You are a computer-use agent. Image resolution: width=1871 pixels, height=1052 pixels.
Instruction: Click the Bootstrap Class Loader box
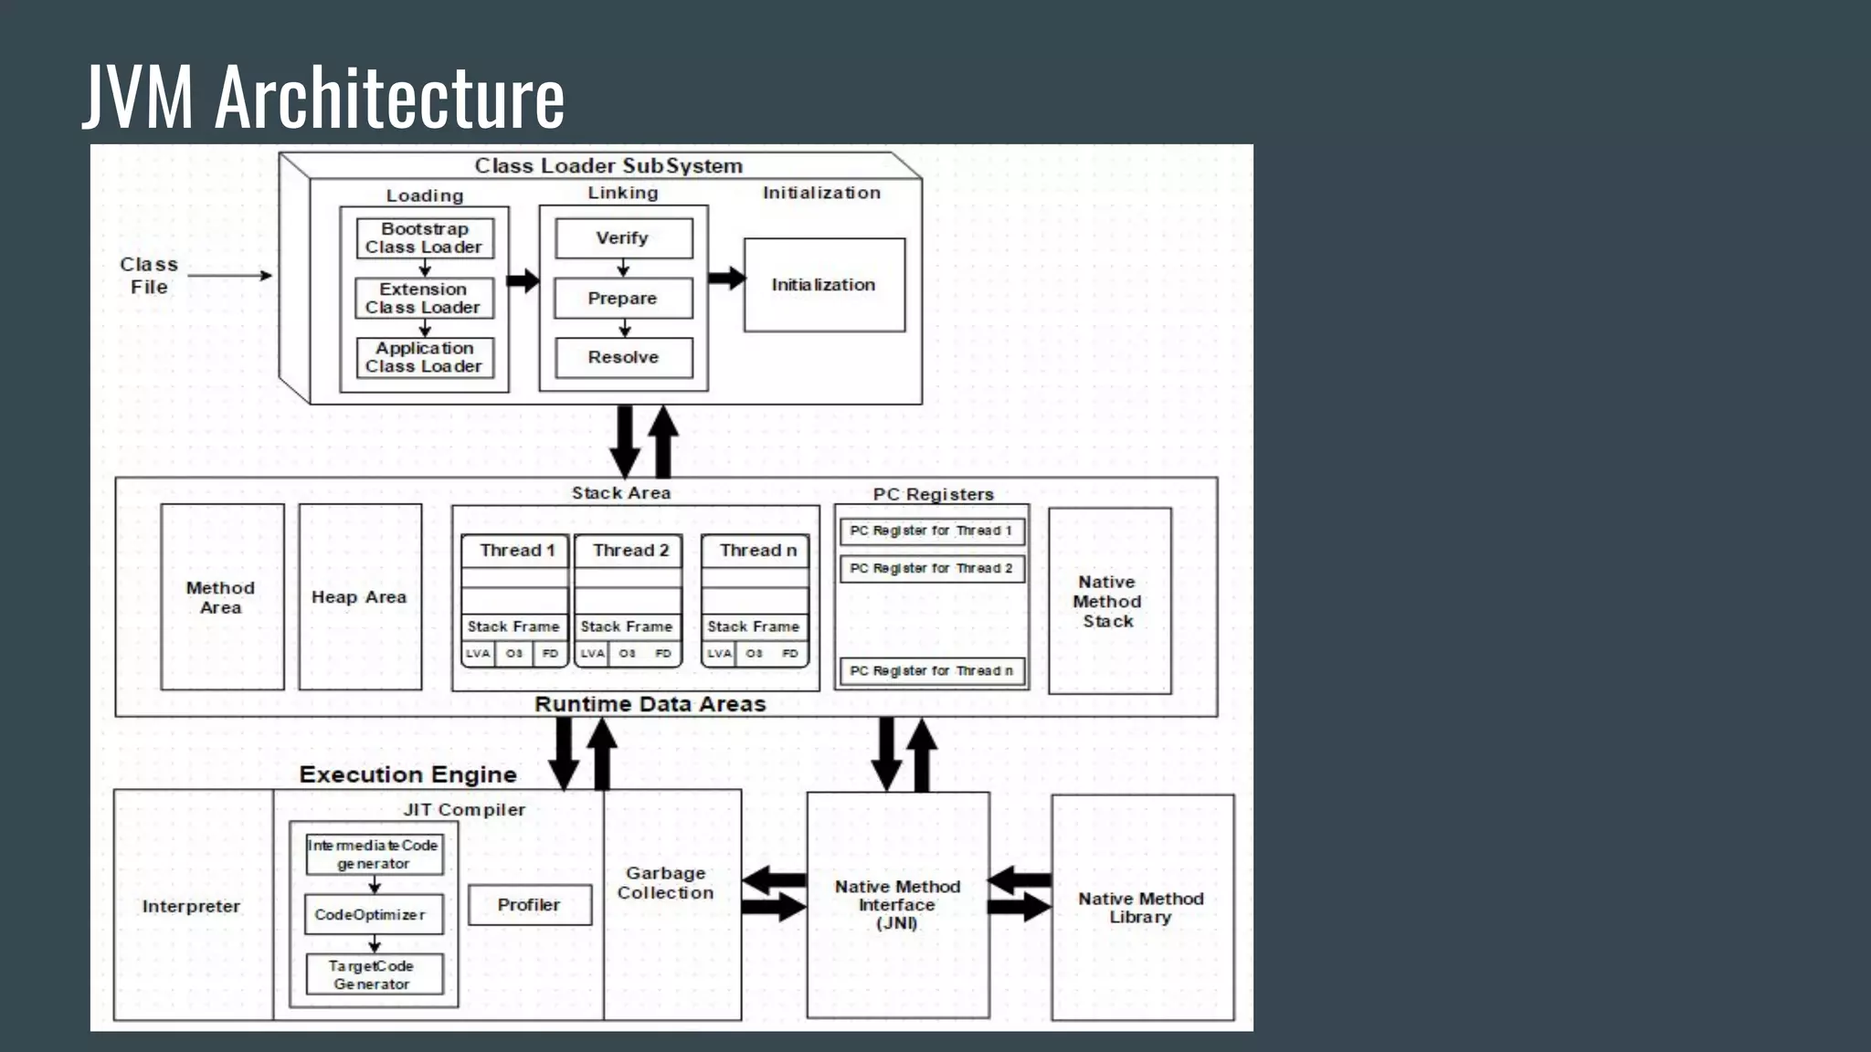coord(425,238)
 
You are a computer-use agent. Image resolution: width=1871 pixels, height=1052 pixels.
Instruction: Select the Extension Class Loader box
coord(424,299)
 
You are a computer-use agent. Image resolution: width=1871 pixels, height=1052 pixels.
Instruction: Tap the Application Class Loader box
coord(425,358)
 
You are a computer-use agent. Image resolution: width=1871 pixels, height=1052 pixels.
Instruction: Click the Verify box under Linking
coord(623,238)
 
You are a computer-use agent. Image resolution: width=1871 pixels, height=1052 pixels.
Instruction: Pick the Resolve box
coord(623,358)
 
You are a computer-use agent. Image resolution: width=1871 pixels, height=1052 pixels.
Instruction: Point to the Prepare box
coord(623,299)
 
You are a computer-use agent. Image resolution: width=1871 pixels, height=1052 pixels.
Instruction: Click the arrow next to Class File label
coord(229,275)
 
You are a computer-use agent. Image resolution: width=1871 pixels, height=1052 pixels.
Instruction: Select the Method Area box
coord(222,597)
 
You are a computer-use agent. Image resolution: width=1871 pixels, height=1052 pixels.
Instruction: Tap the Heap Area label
coord(359,597)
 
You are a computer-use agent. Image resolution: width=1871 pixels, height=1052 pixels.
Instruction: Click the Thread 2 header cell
coord(629,551)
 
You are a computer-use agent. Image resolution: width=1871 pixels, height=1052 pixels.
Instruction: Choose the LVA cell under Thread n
coord(719,654)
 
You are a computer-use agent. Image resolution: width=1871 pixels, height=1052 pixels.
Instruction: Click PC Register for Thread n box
coord(932,671)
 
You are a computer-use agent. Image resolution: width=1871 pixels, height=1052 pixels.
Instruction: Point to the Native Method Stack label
coord(1107,602)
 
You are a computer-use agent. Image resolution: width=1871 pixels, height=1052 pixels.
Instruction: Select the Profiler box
coord(529,905)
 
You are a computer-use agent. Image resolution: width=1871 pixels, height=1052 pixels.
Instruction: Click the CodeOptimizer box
coord(373,915)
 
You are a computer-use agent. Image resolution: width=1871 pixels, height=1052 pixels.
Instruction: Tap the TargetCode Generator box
coord(373,975)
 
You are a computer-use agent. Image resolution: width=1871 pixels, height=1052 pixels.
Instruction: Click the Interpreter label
coord(191,907)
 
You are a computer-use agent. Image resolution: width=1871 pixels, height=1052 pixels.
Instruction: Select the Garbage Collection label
coord(666,883)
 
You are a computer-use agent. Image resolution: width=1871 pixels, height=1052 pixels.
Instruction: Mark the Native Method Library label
coord(1141,908)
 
